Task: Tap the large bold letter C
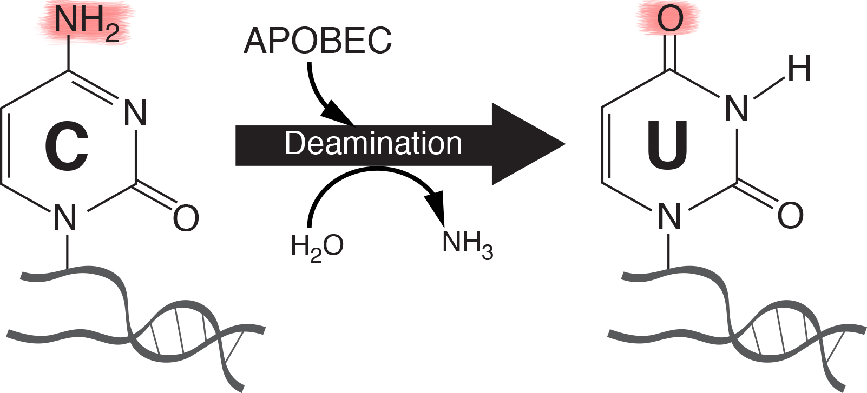[67, 146]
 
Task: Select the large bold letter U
[667, 145]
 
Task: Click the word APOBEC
[318, 41]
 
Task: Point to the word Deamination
[373, 144]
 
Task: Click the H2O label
[317, 246]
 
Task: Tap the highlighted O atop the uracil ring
[670, 19]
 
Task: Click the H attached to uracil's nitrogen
[799, 69]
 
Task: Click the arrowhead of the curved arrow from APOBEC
[338, 115]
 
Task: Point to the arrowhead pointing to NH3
[436, 209]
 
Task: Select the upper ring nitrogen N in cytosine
[135, 114]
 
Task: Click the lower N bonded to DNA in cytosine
[65, 218]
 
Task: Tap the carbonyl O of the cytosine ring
[186, 218]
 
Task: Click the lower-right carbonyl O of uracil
[790, 215]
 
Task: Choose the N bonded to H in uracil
[736, 109]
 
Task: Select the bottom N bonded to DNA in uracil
[669, 216]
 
